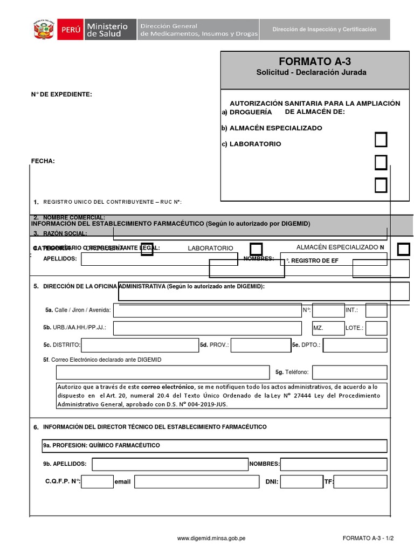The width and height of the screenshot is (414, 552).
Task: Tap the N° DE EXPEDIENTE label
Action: coord(61,94)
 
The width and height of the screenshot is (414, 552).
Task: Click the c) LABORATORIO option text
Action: coord(251,144)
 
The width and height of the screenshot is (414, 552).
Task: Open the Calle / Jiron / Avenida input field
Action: coord(207,310)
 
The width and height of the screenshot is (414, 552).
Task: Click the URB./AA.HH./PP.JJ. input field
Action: coord(207,328)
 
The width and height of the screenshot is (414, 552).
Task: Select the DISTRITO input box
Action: coord(140,345)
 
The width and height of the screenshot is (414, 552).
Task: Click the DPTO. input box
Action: coord(355,345)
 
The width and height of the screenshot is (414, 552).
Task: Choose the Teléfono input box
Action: coord(349,372)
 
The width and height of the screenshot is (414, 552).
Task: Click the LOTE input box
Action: coord(376,328)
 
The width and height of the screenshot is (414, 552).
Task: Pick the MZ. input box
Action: coord(328,328)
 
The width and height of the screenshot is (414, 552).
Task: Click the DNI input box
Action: coord(301,481)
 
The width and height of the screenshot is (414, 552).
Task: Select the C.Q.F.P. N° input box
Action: coord(98,481)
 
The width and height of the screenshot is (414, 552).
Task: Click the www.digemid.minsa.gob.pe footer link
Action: coord(211,538)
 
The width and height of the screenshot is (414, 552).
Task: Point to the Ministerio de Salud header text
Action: coord(107,30)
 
